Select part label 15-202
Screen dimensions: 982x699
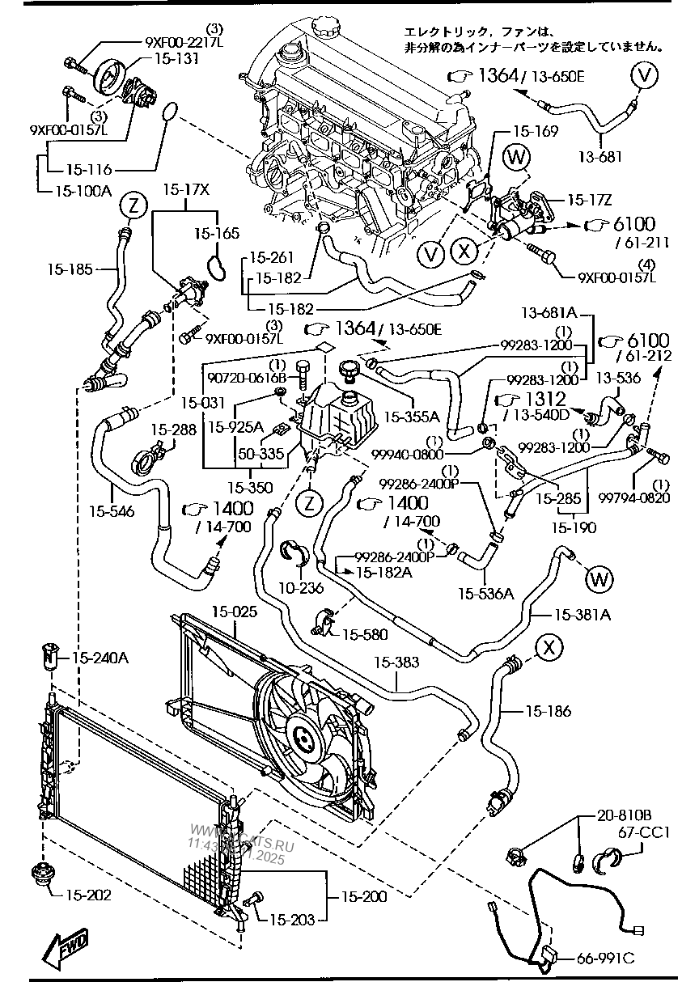tap(88, 895)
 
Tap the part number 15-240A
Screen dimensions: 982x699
tap(101, 658)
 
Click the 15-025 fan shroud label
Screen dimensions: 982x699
tap(235, 612)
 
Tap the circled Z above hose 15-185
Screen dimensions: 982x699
tap(133, 206)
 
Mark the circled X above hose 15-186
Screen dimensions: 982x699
tap(549, 646)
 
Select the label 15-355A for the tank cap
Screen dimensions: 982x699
tap(411, 417)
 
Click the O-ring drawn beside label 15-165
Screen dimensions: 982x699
tap(215, 268)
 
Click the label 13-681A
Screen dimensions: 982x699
tap(548, 312)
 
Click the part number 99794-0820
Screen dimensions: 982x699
tap(646, 498)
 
